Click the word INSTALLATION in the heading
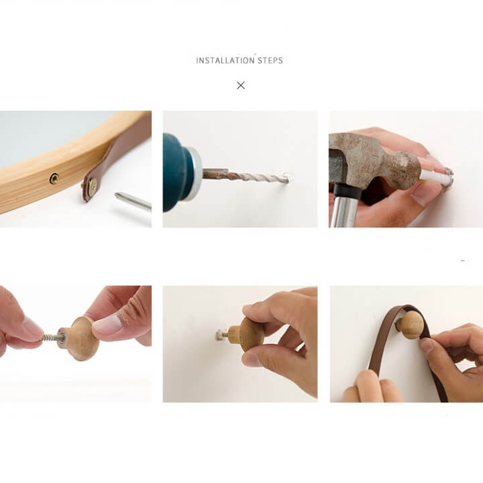pyautogui.click(x=225, y=60)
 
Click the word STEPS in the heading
pyautogui.click(x=270, y=60)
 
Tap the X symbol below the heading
pyautogui.click(x=241, y=85)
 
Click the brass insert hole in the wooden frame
pyautogui.click(x=54, y=178)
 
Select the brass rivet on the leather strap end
pyautogui.click(x=92, y=186)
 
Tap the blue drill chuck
pyautogui.click(x=178, y=172)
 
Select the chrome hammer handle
pyautogui.click(x=343, y=213)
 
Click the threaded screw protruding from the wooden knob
pyautogui.click(x=51, y=337)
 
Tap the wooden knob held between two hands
pyautogui.click(x=78, y=338)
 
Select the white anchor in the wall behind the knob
pyautogui.click(x=220, y=334)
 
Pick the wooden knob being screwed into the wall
pyautogui.click(x=246, y=334)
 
